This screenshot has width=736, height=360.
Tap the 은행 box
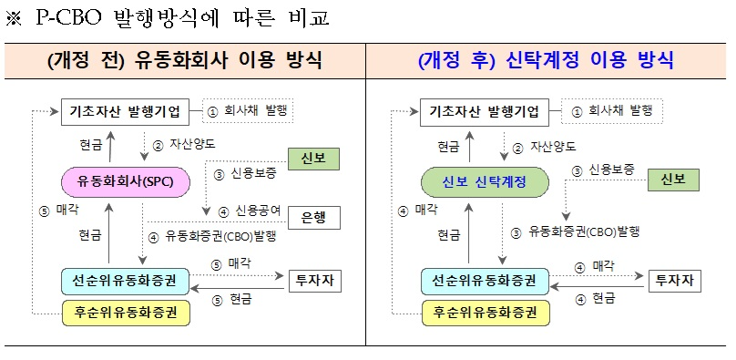point(313,218)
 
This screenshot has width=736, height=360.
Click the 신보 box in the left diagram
point(313,159)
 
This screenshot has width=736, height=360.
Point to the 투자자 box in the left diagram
point(314,281)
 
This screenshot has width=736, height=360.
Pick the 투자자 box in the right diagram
point(675,281)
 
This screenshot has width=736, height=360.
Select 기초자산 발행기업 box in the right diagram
point(486,112)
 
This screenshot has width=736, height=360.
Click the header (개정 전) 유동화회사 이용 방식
point(184,61)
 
